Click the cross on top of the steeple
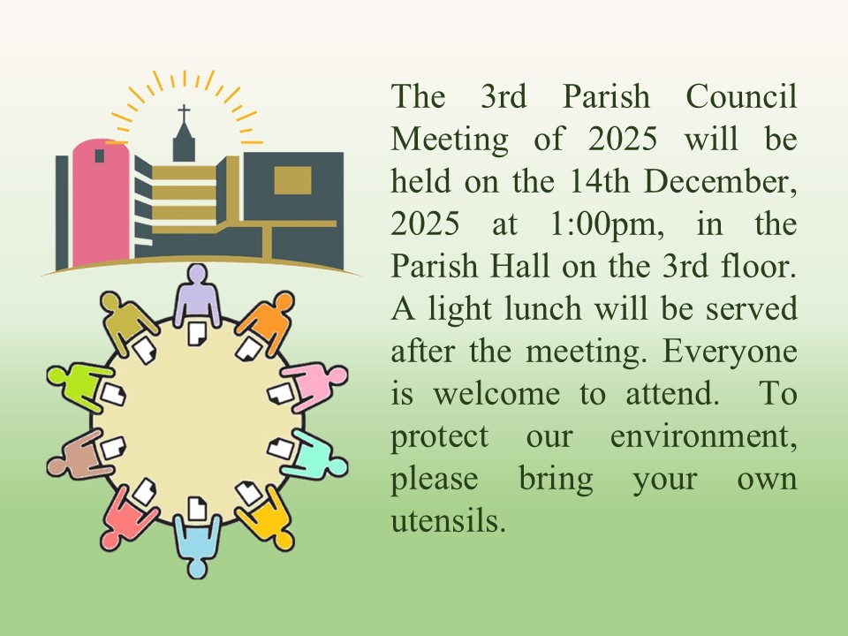coord(184,113)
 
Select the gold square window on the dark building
coord(292,180)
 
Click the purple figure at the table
coord(197,295)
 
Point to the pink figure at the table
coord(316,384)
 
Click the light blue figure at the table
coord(197,545)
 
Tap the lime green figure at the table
coord(79,385)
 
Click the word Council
coord(741,97)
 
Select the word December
coord(721,182)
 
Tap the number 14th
coord(600,182)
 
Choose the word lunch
coord(543,309)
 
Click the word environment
coord(704,437)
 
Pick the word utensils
coord(449,521)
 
